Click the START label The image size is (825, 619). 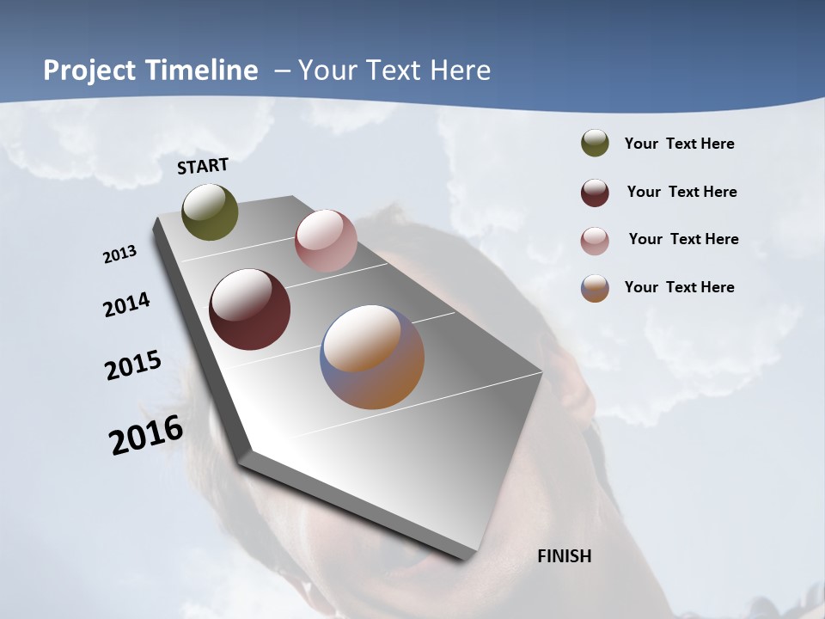point(203,166)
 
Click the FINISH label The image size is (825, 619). point(564,556)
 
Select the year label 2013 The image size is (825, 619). point(119,254)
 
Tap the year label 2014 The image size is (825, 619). point(126,305)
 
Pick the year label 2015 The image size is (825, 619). point(133,365)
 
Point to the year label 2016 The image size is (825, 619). point(146,436)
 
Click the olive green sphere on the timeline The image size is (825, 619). point(210,212)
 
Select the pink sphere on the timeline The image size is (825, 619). point(326,241)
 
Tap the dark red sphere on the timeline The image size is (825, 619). point(249,309)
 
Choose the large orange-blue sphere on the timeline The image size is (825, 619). point(372,357)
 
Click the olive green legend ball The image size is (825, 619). point(595,143)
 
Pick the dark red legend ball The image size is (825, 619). point(595,192)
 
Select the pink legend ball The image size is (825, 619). point(595,240)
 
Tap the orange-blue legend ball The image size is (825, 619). point(595,288)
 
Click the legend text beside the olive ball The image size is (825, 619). point(679,144)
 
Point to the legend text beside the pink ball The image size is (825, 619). point(683,239)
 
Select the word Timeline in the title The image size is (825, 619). point(204,70)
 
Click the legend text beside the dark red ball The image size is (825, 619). point(681,192)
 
